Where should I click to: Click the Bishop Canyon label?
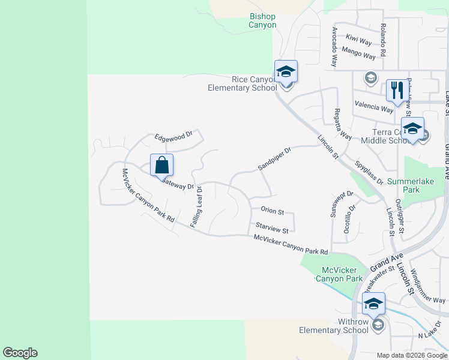[x=263, y=21]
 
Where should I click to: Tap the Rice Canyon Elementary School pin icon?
[x=286, y=72]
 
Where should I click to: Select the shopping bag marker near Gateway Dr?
[x=161, y=165]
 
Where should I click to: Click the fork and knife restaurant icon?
[x=396, y=91]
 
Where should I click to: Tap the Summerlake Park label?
[x=412, y=185]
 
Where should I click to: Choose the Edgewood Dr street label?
[x=173, y=137]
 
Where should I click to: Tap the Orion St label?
[x=272, y=211]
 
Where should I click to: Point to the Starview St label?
[x=272, y=228]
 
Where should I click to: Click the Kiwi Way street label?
[x=360, y=40]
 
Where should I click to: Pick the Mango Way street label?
[x=359, y=53]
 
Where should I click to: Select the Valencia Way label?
[x=374, y=107]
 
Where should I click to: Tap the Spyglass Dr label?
[x=369, y=173]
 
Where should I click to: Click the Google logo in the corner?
[x=20, y=353]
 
